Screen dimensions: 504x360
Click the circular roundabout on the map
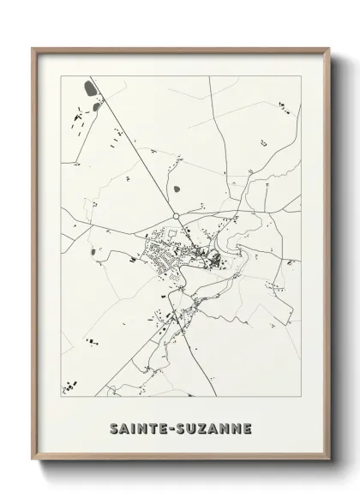tap(175, 217)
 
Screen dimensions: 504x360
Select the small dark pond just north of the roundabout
tap(177, 188)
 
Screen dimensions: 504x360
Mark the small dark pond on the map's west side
tap(92, 252)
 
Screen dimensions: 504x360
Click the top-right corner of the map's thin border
tap(301, 76)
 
